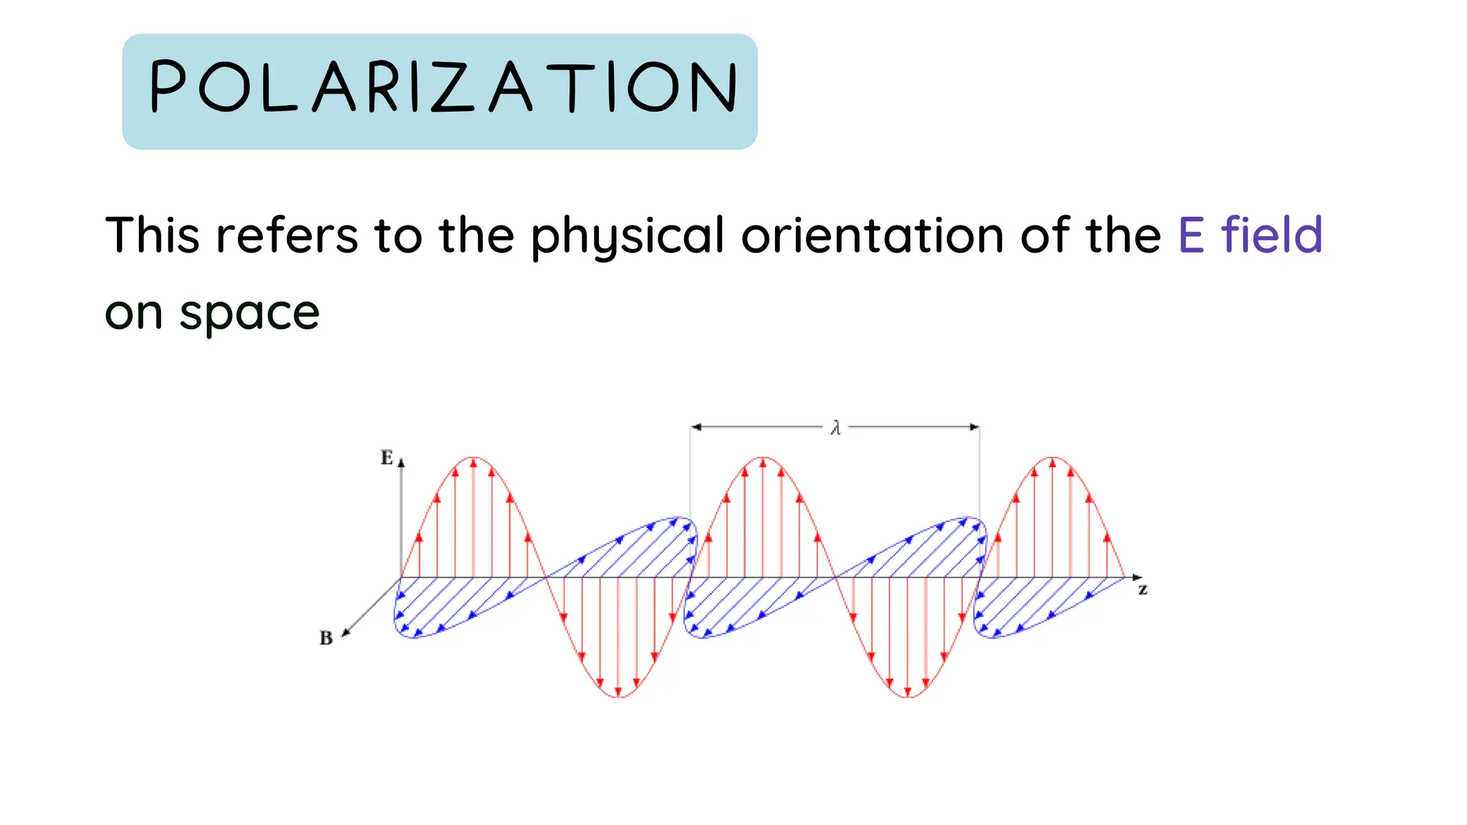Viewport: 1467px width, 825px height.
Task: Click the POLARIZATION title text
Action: click(x=442, y=88)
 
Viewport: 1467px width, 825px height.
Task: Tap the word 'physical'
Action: click(x=627, y=236)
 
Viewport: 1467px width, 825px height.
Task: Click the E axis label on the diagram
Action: click(x=387, y=458)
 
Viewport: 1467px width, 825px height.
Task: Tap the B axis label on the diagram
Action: click(x=326, y=637)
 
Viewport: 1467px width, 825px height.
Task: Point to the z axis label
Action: click(x=1143, y=590)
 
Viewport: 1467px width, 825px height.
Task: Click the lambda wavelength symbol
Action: click(x=835, y=428)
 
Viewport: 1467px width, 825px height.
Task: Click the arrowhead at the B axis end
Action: click(x=345, y=632)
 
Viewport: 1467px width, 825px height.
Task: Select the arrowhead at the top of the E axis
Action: click(x=401, y=463)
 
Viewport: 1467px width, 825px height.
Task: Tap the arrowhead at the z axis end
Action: click(x=1137, y=577)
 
